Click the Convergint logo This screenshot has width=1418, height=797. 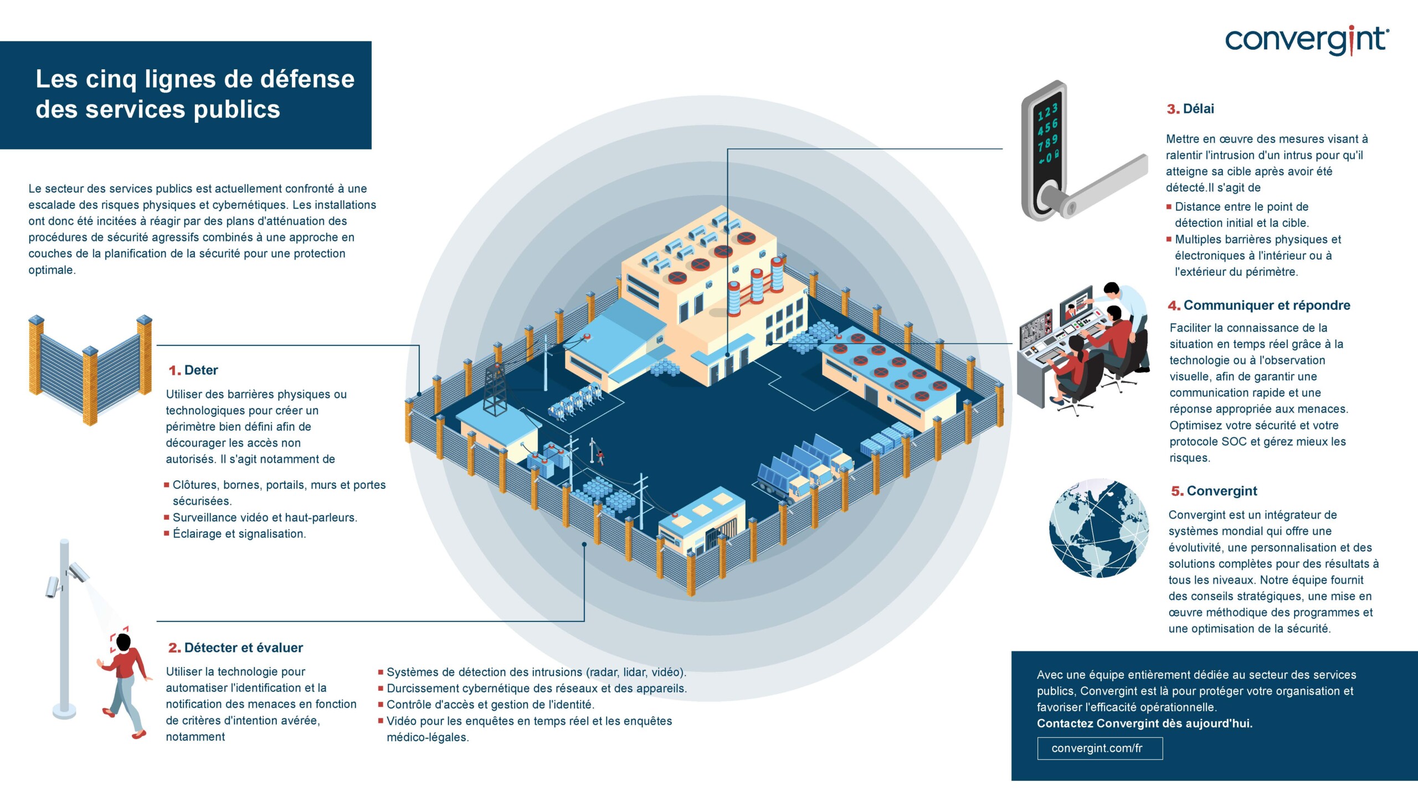click(x=1306, y=40)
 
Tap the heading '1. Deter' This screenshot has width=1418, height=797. click(x=193, y=370)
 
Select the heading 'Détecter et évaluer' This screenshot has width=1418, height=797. click(x=243, y=648)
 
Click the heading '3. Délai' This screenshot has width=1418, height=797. click(x=1190, y=109)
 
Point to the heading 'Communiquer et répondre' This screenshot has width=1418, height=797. click(x=1266, y=306)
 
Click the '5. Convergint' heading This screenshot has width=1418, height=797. click(x=1214, y=491)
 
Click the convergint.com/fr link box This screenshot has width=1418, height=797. click(x=1100, y=748)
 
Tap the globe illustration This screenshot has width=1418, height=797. click(x=1099, y=528)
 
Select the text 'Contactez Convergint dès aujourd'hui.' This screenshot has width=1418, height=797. click(x=1144, y=723)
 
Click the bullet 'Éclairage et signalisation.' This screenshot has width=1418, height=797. click(x=239, y=534)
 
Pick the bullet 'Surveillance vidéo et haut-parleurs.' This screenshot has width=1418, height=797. click(x=265, y=517)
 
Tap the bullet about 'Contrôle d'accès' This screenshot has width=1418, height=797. click(x=490, y=705)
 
